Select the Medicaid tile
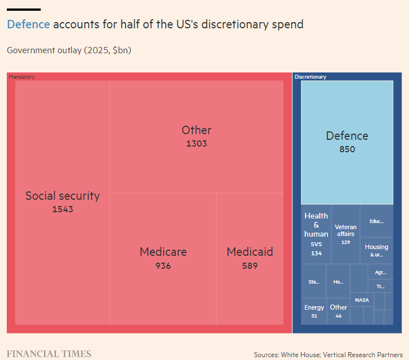coord(249,258)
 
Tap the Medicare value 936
coord(163,266)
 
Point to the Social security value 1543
coord(62,209)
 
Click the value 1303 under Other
coord(196,144)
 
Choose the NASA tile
coord(361,300)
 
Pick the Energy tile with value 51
coord(314,311)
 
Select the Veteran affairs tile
coord(346,234)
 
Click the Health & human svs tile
coord(316,234)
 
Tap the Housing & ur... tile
coord(376,250)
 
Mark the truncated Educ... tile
coord(376,221)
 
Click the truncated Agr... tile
coord(380,272)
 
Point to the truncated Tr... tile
coord(380,286)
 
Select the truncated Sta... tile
coord(313,281)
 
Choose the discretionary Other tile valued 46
coord(338,311)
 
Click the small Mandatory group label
coord(21,76)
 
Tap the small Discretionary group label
coord(310,76)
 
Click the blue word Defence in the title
coord(28,24)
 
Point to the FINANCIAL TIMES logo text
coord(49,354)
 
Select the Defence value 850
coord(347,149)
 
